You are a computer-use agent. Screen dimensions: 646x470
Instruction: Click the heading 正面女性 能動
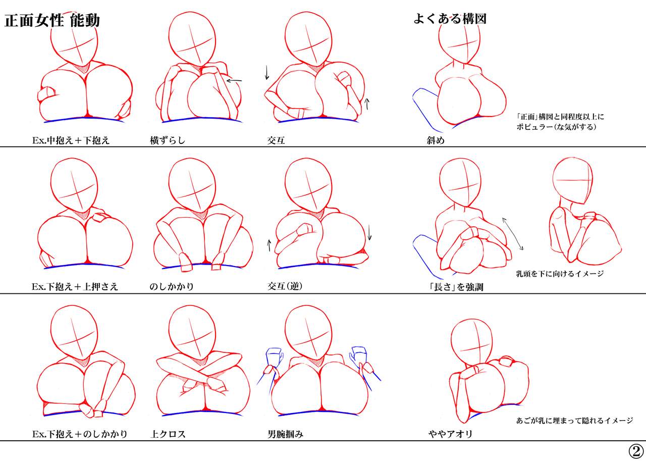pos(52,21)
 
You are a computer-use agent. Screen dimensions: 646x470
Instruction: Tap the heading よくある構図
pos(450,19)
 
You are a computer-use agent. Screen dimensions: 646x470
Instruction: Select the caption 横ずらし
pos(168,140)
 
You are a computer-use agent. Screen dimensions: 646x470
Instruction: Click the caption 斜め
pos(436,140)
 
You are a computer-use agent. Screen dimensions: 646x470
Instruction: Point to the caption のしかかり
pos(172,287)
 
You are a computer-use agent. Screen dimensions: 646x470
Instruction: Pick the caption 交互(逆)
pos(285,286)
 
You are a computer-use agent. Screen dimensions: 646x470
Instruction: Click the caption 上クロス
pos(168,434)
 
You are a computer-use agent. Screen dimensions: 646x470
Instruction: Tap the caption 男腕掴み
pos(286,434)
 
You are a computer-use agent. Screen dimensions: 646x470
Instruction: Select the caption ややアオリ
pos(451,434)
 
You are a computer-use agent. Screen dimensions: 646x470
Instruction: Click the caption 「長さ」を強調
pos(456,287)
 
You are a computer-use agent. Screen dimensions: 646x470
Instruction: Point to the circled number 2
pos(636,451)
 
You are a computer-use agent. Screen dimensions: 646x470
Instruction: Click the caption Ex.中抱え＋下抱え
pos(71,140)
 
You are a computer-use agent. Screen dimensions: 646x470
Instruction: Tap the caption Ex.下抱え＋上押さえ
pos(75,287)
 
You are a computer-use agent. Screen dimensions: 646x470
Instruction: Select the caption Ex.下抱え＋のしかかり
pos(80,434)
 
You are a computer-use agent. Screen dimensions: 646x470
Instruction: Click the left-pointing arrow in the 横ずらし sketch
pos(234,81)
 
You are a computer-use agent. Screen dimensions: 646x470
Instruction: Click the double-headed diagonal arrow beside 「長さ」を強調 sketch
pos(512,234)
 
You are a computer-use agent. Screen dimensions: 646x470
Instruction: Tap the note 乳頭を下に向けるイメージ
pos(560,274)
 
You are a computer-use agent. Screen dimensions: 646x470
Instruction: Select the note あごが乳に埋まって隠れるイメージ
pos(574,421)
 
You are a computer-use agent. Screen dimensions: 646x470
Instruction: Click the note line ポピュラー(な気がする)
pos(556,127)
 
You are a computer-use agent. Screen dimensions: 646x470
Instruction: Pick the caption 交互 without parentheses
pos(276,140)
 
